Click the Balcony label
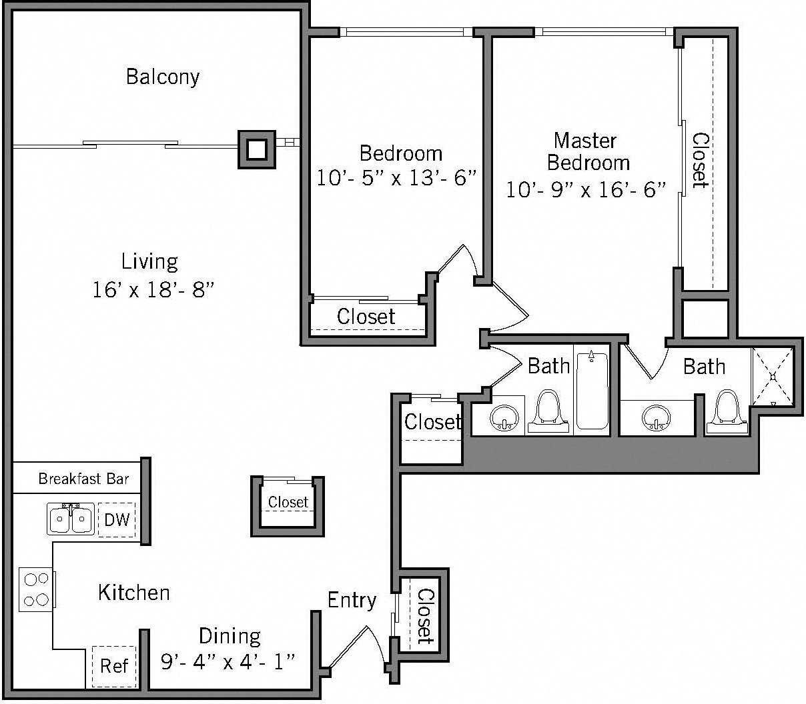point(163,77)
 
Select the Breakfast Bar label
point(83,479)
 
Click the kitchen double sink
point(71,519)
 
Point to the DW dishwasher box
point(117,519)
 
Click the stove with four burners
point(36,589)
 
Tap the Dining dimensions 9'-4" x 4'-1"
point(228,661)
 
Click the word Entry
point(352,600)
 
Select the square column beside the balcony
point(257,149)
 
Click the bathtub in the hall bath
point(592,391)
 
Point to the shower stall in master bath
point(773,376)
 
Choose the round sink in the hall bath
point(504,419)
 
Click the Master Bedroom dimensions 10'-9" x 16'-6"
point(586,190)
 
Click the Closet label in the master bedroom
point(700,160)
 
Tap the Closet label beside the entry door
point(424,616)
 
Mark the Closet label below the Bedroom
point(366,317)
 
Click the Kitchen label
point(133,592)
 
